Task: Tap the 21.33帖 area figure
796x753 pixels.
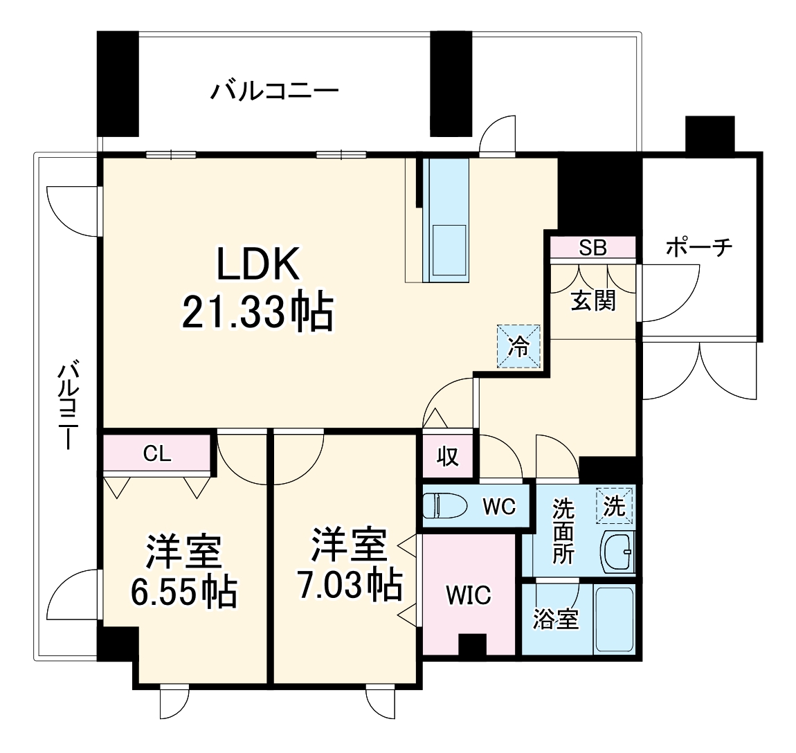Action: tap(257, 312)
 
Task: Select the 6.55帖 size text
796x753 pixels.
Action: tap(184, 592)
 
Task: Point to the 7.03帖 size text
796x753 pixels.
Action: tap(350, 585)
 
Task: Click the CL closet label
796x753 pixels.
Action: tap(157, 454)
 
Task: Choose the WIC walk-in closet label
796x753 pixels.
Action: tap(469, 595)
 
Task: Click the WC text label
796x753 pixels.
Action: tap(498, 507)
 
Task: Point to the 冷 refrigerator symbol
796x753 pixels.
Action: tap(518, 347)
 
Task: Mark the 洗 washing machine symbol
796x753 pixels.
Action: tap(614, 506)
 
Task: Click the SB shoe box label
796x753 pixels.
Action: tap(593, 248)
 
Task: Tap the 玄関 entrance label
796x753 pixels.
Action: tap(593, 300)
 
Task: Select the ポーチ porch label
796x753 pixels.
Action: tap(699, 247)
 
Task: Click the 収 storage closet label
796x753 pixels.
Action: tap(448, 457)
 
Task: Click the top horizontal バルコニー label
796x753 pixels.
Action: tap(275, 91)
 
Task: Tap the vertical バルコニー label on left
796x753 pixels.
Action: tap(68, 405)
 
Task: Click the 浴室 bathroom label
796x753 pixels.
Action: tap(556, 619)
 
